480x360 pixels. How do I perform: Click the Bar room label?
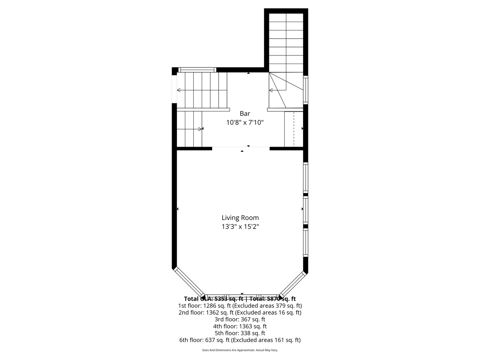click(x=245, y=114)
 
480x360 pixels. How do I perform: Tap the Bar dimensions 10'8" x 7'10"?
click(x=245, y=123)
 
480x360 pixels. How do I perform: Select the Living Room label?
click(x=240, y=218)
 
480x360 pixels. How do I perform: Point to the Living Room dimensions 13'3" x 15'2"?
click(x=240, y=227)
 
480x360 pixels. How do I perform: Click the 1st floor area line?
click(x=240, y=306)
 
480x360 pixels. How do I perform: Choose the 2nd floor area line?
click(x=240, y=313)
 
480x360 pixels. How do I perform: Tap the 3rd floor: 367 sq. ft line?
click(x=240, y=319)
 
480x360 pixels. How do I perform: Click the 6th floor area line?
click(x=240, y=340)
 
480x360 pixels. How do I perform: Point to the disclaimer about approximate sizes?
click(x=240, y=350)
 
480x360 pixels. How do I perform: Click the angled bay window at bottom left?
click(x=189, y=282)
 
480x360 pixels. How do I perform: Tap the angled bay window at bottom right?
click(x=292, y=284)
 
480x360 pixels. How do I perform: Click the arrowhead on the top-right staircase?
click(x=271, y=90)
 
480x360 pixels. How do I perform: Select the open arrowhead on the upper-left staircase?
click(x=179, y=90)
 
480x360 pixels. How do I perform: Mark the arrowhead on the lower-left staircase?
click(x=200, y=129)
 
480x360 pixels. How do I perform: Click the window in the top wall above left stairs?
click(x=197, y=70)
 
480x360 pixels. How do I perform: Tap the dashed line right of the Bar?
click(x=294, y=129)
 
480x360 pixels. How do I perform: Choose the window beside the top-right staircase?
click(x=305, y=90)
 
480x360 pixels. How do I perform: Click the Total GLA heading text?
click(x=240, y=299)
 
